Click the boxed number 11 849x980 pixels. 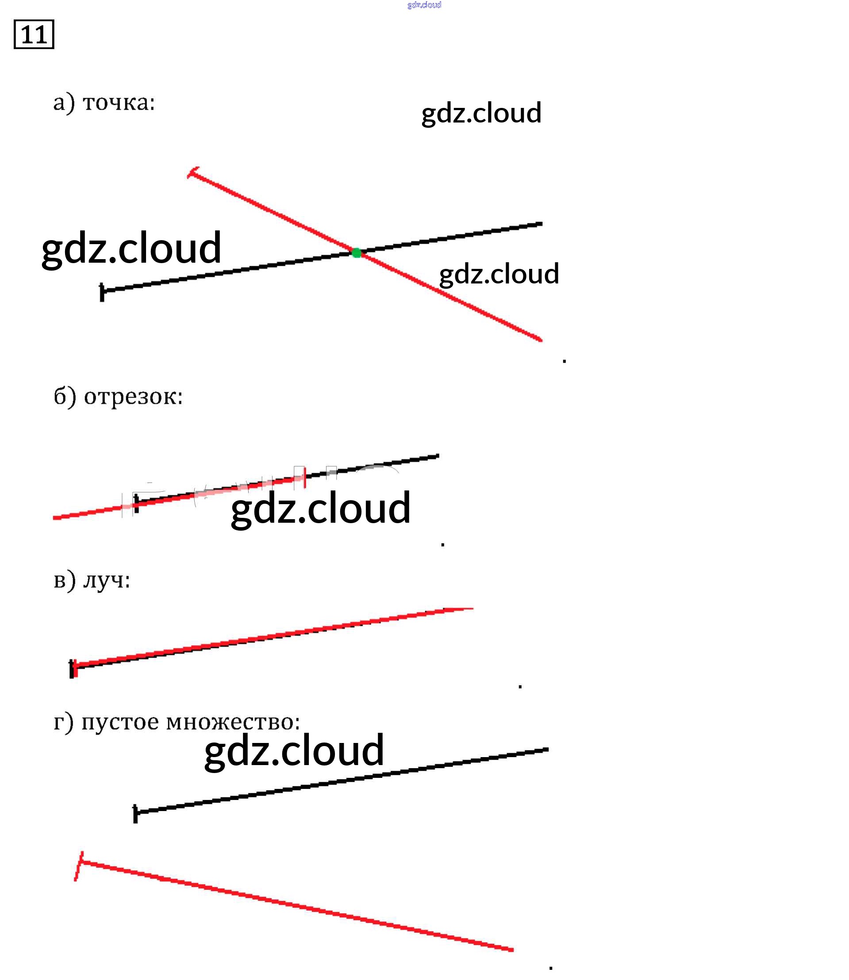pyautogui.click(x=34, y=34)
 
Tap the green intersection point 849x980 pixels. pyautogui.click(x=356, y=253)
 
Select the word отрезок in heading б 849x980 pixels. pyautogui.click(x=133, y=397)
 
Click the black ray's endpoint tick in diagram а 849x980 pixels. pyautogui.click(x=102, y=292)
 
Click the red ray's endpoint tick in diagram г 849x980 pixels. pyautogui.click(x=79, y=866)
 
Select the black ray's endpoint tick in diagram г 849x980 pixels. pyautogui.click(x=135, y=814)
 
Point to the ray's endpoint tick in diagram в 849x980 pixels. pyautogui.click(x=73, y=668)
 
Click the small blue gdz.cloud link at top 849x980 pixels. pyautogui.click(x=424, y=5)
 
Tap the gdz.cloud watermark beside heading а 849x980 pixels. pyautogui.click(x=481, y=113)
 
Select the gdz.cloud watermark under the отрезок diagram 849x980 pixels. pyautogui.click(x=320, y=508)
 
